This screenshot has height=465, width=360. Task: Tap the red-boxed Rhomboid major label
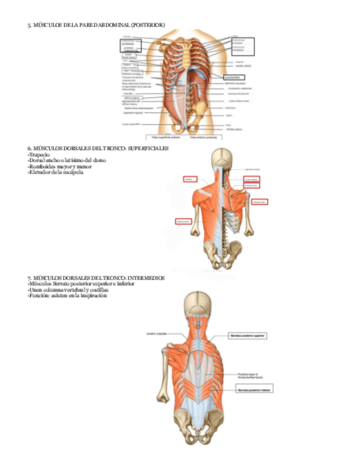pos(259,202)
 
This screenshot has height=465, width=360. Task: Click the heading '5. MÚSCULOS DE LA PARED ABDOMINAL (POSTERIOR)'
pos(95,25)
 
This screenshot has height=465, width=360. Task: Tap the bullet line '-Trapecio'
pos(38,155)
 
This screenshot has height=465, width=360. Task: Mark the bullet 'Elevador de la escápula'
pos(55,172)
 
